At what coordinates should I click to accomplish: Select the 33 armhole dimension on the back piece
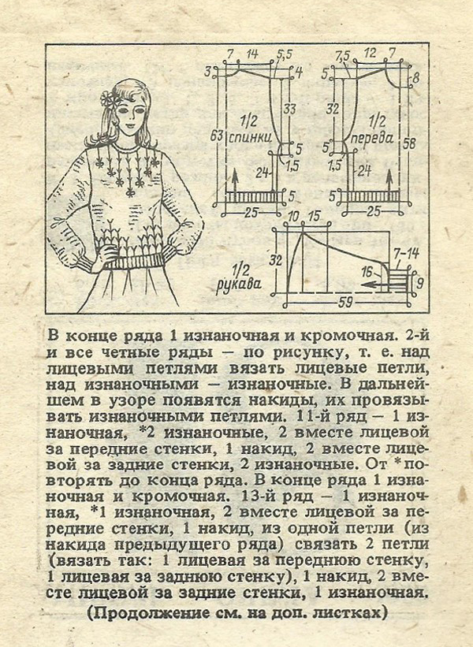tap(289, 108)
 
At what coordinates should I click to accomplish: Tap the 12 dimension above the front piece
tap(371, 54)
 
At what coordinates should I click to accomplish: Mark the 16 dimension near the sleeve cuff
tap(367, 270)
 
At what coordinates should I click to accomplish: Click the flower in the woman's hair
tap(107, 99)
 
